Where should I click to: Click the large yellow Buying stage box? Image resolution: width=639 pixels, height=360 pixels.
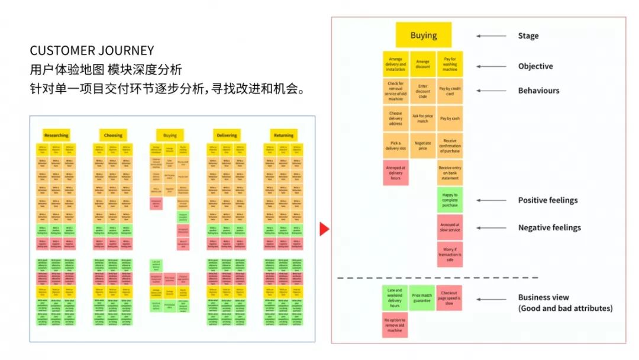pyautogui.click(x=423, y=35)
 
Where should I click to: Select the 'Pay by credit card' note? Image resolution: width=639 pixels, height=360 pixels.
pyautogui.click(x=450, y=91)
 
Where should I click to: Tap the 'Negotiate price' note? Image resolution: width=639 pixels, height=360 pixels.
pyautogui.click(x=422, y=146)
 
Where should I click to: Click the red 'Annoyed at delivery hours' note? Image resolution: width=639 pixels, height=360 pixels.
pyautogui.click(x=395, y=172)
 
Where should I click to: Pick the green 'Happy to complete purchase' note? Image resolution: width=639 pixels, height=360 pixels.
pyautogui.click(x=450, y=200)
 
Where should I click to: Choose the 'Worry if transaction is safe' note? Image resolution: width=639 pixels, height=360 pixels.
pyautogui.click(x=450, y=254)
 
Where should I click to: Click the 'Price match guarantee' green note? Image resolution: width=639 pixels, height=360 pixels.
pyautogui.click(x=422, y=298)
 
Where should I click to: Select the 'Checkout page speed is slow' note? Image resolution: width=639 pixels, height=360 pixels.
pyautogui.click(x=450, y=298)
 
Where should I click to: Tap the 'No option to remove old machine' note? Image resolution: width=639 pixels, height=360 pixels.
pyautogui.click(x=395, y=324)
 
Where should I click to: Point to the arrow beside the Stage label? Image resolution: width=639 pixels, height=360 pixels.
pyautogui.click(x=491, y=36)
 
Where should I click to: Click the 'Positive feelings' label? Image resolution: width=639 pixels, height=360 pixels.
pyautogui.click(x=548, y=200)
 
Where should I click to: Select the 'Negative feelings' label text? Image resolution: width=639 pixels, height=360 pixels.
pyautogui.click(x=549, y=227)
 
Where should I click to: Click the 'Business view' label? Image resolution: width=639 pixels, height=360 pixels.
pyautogui.click(x=543, y=297)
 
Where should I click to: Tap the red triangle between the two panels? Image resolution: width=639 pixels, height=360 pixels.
pyautogui.click(x=324, y=229)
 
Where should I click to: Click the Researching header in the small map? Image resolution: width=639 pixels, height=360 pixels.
pyautogui.click(x=56, y=135)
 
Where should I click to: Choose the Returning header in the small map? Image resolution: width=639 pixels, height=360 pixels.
pyautogui.click(x=283, y=135)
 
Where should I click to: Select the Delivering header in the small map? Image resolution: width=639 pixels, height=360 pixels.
pyautogui.click(x=227, y=135)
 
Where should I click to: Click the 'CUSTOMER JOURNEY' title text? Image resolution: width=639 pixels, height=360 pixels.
pyautogui.click(x=92, y=50)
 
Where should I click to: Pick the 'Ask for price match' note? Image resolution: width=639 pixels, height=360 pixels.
pyautogui.click(x=422, y=118)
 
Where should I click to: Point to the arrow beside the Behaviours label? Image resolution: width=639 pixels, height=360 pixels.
pyautogui.click(x=491, y=91)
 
